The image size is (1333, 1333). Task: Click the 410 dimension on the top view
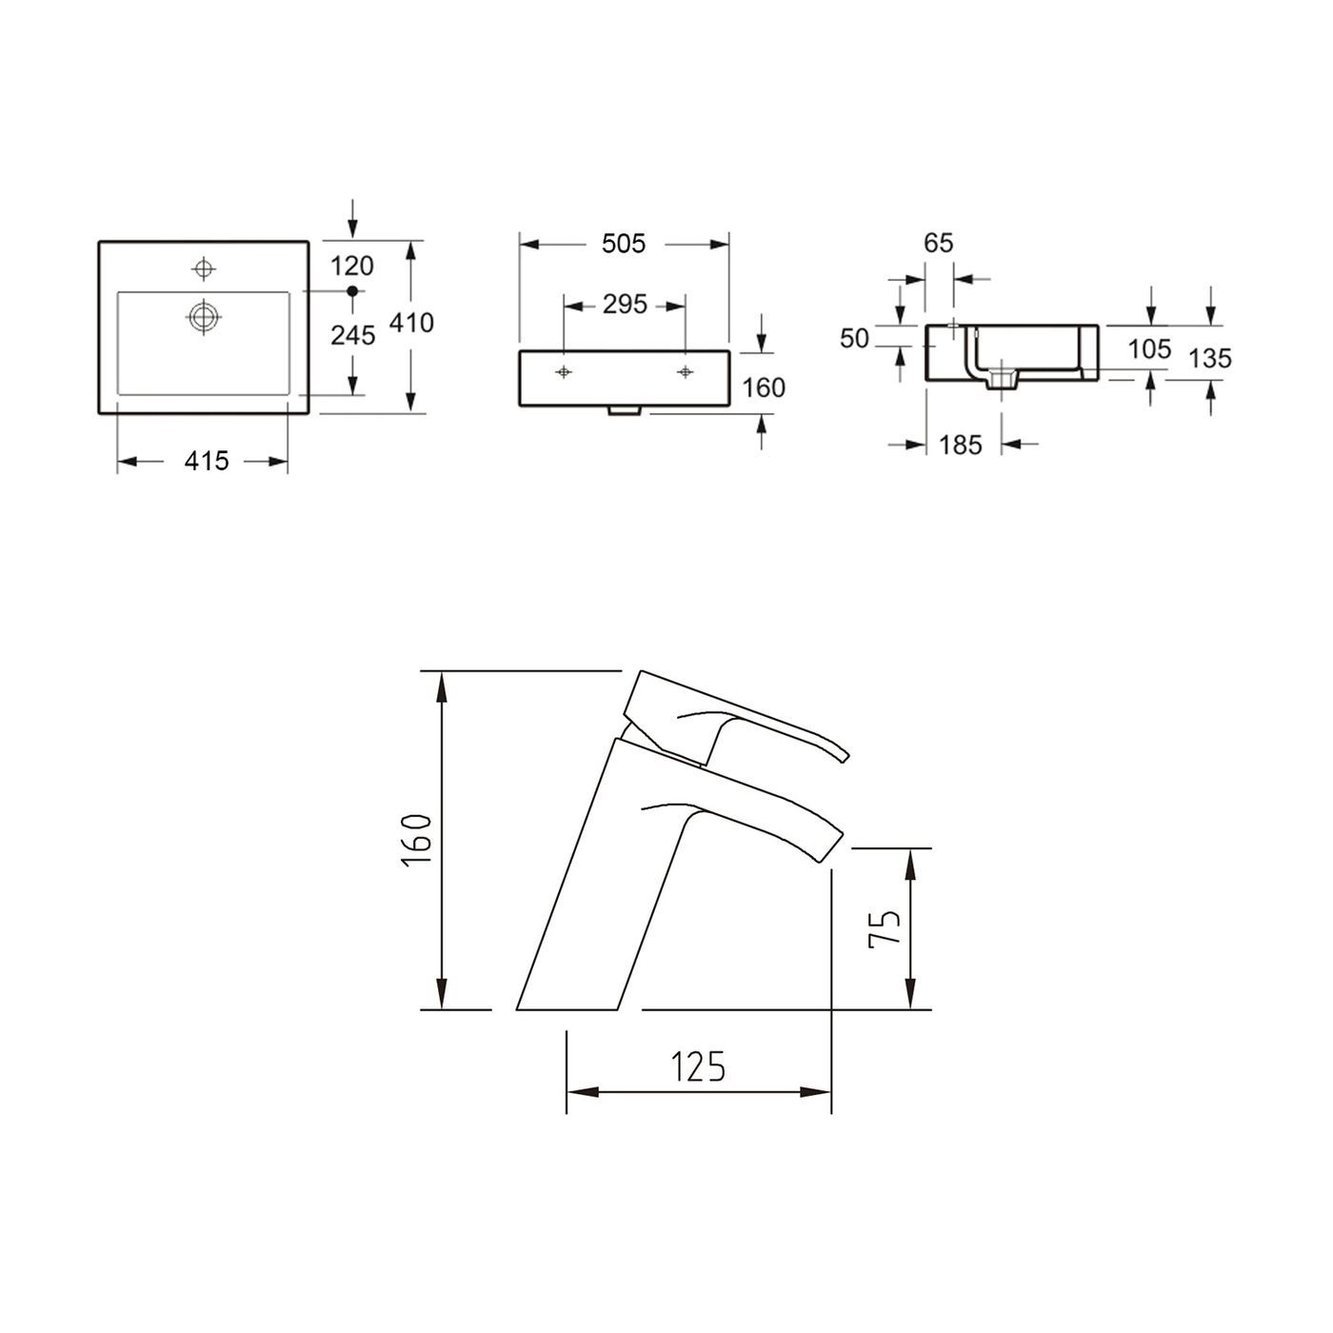tap(411, 323)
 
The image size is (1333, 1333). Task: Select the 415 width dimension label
tap(207, 461)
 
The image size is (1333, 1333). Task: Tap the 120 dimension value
tap(351, 266)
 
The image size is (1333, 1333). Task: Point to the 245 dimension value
tap(351, 334)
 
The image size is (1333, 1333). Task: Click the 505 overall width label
tap(624, 244)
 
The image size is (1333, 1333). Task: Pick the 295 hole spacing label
tap(625, 305)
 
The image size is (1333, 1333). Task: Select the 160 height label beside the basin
tap(764, 388)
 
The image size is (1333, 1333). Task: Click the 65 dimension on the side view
tap(938, 243)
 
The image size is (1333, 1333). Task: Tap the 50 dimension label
tap(855, 338)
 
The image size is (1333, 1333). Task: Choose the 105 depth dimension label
tap(1149, 348)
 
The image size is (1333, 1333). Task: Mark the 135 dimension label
tap(1210, 358)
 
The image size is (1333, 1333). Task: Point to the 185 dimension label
tap(960, 445)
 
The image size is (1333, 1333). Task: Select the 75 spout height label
tap(885, 927)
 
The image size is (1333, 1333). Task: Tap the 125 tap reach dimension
tap(699, 1067)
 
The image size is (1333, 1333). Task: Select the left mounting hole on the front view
tap(564, 371)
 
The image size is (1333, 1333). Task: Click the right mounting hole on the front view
tap(685, 371)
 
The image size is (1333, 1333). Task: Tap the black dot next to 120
tap(351, 289)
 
